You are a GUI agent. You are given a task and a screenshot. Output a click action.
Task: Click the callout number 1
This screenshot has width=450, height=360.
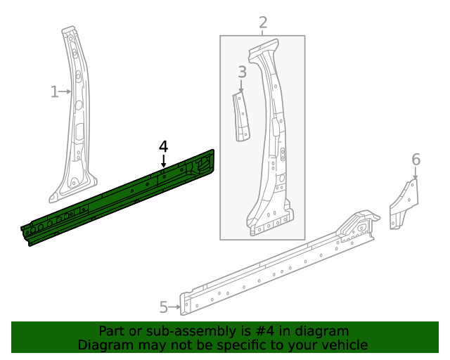tap(54, 91)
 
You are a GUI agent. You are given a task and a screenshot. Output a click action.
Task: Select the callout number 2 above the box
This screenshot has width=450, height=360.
tap(263, 22)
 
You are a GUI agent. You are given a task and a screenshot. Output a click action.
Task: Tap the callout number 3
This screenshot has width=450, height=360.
tap(241, 72)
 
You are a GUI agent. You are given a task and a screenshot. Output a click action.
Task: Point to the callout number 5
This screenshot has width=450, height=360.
tap(164, 307)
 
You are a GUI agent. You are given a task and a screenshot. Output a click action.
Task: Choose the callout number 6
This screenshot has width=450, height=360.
tap(416, 160)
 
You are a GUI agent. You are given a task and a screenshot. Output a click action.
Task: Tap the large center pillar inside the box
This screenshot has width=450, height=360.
tap(271, 141)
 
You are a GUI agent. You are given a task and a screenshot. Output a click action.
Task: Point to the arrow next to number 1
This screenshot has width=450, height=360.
tap(66, 91)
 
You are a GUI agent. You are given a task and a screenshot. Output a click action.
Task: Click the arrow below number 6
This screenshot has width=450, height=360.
tap(415, 173)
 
